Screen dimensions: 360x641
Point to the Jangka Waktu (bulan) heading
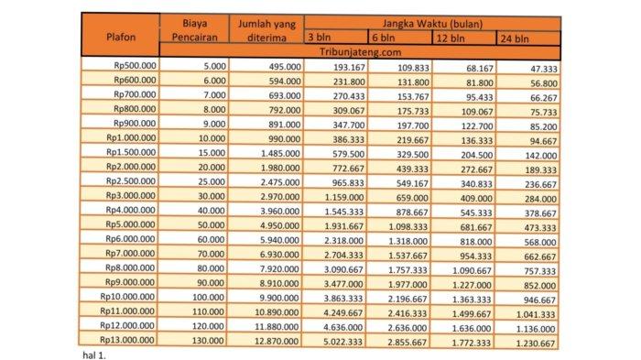click(x=429, y=22)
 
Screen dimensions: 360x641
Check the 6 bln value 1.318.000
click(x=404, y=240)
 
